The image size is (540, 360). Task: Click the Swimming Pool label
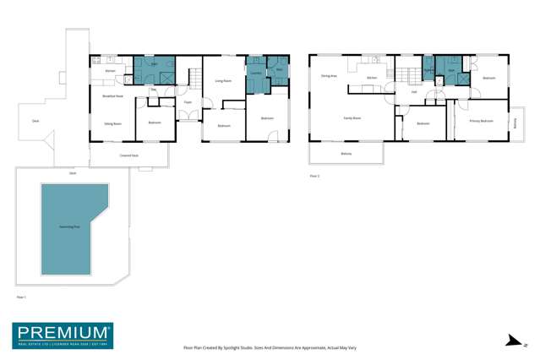(x=64, y=227)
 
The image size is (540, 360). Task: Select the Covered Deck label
(x=128, y=156)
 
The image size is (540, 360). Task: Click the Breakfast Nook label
(x=113, y=95)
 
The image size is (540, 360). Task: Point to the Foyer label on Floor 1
(x=187, y=102)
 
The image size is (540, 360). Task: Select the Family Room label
(x=352, y=117)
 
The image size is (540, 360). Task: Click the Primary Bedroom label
(x=481, y=121)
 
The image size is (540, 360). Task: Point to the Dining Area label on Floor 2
(x=329, y=76)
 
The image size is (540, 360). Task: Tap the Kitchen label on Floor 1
(x=111, y=70)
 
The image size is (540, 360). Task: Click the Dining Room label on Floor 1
(x=112, y=124)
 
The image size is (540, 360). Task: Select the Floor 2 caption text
(x=314, y=176)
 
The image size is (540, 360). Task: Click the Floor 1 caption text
(x=23, y=297)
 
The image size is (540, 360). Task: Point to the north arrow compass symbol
(x=510, y=341)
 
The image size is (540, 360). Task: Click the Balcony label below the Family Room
(x=346, y=154)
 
